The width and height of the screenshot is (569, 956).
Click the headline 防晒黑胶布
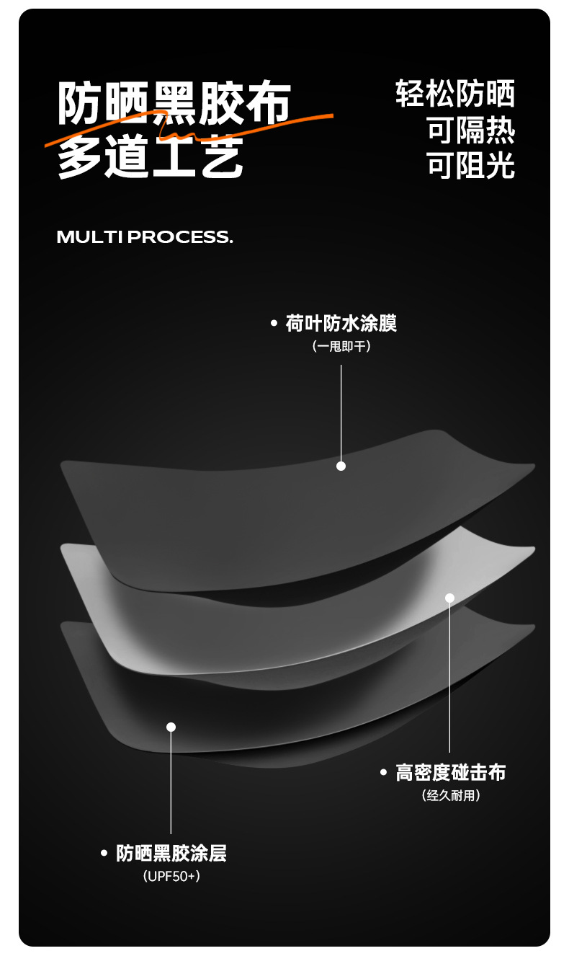click(174, 103)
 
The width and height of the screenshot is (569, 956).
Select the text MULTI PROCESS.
click(145, 237)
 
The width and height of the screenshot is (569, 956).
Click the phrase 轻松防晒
click(455, 94)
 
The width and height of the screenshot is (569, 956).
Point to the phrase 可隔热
click(471, 130)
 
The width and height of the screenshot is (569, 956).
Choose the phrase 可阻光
click(471, 165)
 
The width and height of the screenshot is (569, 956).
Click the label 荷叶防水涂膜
click(341, 324)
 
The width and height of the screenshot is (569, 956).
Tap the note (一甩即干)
click(341, 347)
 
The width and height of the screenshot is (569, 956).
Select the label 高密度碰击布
click(451, 773)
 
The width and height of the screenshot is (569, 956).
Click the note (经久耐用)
click(451, 796)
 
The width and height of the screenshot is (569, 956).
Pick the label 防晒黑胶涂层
click(171, 854)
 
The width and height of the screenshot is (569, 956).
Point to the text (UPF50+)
click(171, 877)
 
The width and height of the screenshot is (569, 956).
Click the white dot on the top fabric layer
click(341, 466)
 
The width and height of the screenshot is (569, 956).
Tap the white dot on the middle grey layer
click(450, 598)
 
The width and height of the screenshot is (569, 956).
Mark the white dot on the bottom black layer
click(171, 727)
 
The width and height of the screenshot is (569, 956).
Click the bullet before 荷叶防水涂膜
click(274, 324)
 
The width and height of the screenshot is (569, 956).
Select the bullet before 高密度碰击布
click(384, 773)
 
